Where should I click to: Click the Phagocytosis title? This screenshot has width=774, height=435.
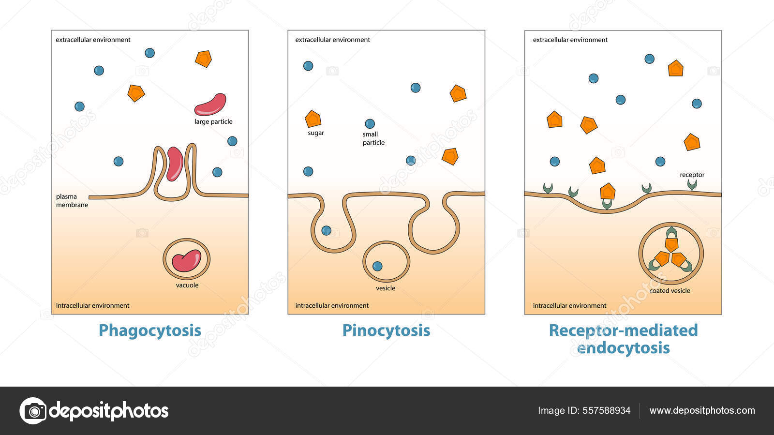(149, 330)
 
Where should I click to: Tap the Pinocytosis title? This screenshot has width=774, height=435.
(386, 330)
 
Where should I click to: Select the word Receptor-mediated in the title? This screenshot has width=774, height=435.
(623, 330)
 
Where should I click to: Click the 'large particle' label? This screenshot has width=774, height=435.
(213, 122)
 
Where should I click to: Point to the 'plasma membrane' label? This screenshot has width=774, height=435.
(72, 201)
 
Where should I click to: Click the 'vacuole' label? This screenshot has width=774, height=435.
(187, 285)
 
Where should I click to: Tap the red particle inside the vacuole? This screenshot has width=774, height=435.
(186, 260)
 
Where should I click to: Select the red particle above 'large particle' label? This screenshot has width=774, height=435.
(210, 104)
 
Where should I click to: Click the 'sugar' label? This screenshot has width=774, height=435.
(316, 133)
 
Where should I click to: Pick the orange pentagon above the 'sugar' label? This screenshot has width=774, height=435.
(313, 119)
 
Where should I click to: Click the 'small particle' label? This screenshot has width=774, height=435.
(373, 138)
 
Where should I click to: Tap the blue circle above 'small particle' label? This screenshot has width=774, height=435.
(370, 123)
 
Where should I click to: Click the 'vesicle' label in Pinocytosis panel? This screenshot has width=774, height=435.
(386, 288)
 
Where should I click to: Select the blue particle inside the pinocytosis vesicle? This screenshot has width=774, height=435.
(377, 266)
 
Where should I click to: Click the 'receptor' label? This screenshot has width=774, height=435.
(692, 175)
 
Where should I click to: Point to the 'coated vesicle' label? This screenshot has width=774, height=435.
(670, 291)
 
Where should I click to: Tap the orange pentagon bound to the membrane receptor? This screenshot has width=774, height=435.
(608, 192)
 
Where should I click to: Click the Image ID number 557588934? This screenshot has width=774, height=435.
(607, 411)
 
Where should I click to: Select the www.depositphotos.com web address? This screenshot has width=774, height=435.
(702, 411)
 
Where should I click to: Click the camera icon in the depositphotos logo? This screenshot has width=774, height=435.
(33, 411)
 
